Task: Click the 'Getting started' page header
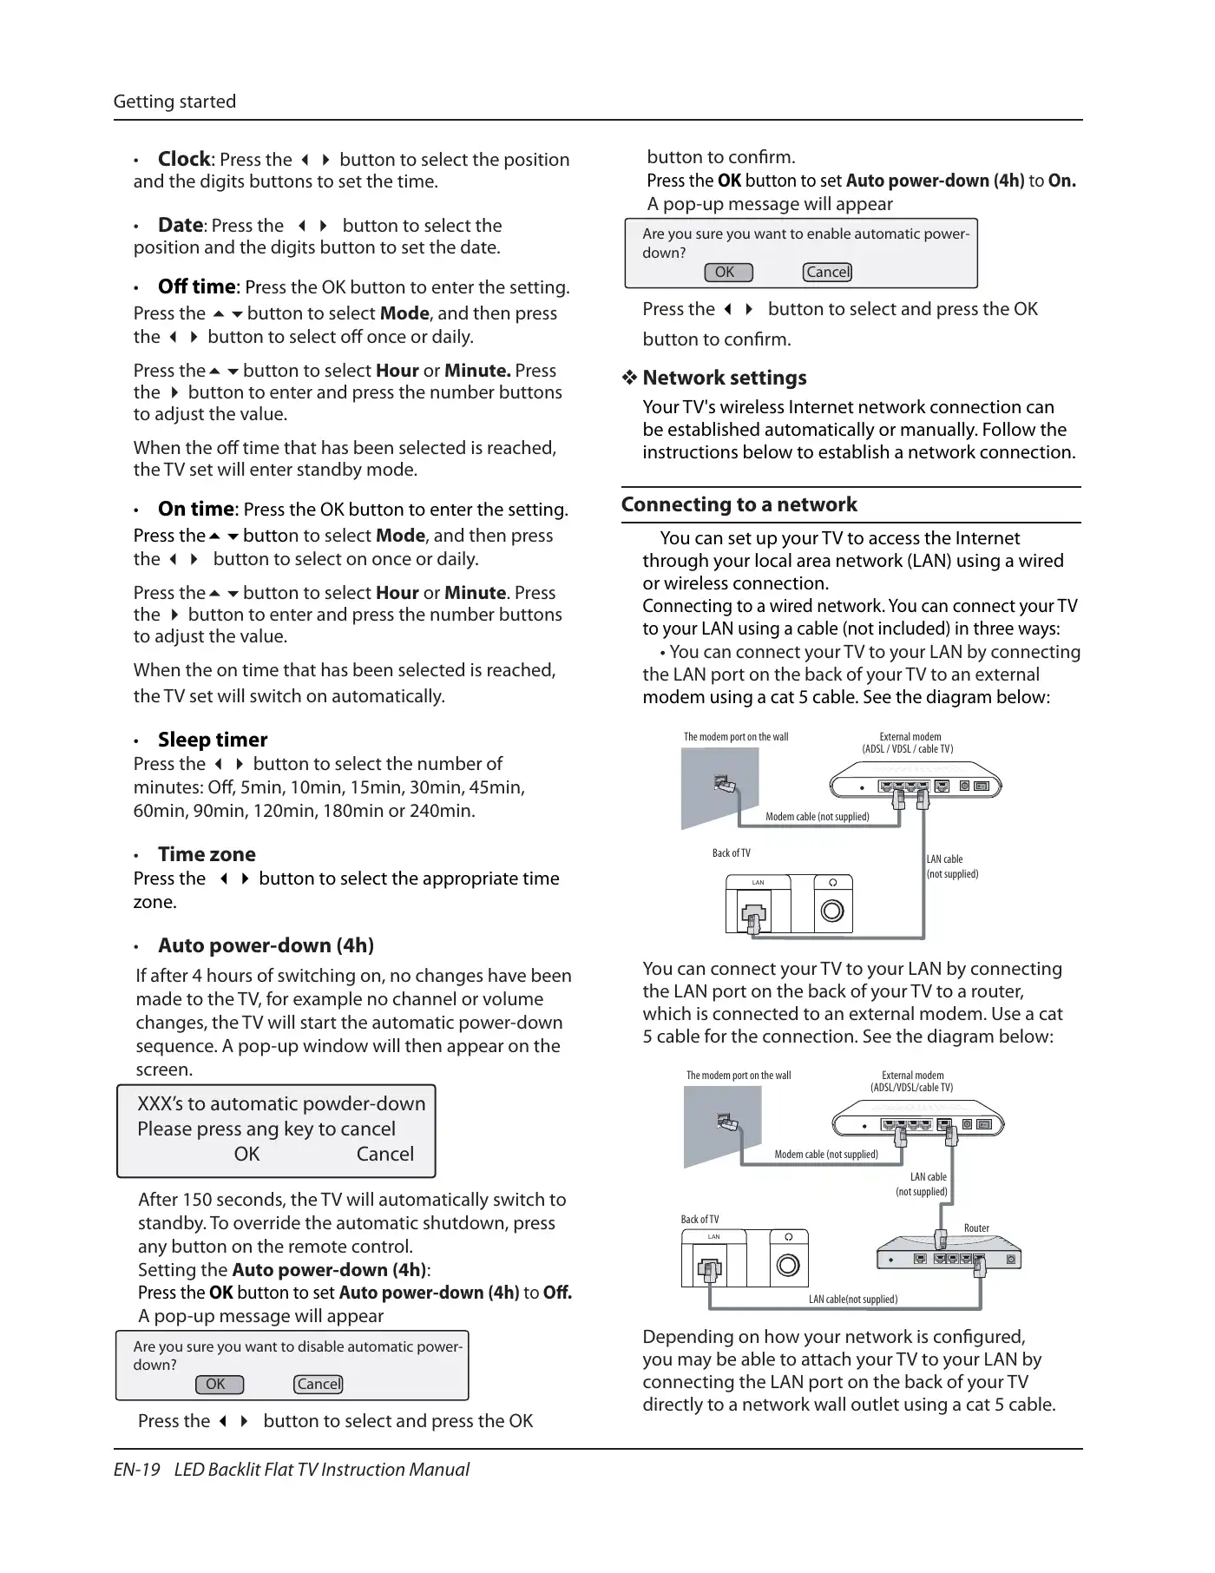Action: click(174, 102)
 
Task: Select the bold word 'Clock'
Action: click(184, 159)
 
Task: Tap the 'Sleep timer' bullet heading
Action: click(213, 740)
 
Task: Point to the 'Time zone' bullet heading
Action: click(207, 854)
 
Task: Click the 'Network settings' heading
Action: click(725, 378)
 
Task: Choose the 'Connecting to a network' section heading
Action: click(739, 504)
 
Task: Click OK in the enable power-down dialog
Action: click(726, 273)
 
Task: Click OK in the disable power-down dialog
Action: click(216, 1385)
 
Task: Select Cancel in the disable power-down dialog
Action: click(319, 1385)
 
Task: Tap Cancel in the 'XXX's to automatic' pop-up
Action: click(384, 1154)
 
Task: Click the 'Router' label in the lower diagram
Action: click(976, 1228)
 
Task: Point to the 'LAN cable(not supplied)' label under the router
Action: click(853, 1300)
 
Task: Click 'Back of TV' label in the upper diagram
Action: click(731, 853)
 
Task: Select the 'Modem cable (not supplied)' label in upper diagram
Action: click(817, 817)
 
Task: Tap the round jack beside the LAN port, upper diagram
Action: click(832, 911)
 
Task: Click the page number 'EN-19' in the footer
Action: click(137, 1470)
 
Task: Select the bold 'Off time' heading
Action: click(196, 286)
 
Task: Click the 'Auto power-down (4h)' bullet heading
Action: click(266, 945)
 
